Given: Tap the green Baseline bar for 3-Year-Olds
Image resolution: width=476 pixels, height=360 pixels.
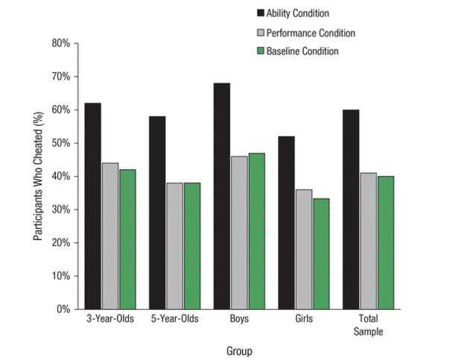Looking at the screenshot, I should tap(128, 239).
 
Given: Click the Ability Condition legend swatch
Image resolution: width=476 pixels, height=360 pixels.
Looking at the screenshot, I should tap(261, 13).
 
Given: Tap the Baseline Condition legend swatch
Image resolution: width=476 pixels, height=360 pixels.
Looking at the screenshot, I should tap(261, 51).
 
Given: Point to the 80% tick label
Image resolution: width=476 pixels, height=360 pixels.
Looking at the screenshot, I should tap(60, 44).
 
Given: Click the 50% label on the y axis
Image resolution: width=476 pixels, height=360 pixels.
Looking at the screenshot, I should tap(60, 143).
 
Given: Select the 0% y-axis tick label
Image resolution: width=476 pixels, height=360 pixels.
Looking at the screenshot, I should tap(63, 309).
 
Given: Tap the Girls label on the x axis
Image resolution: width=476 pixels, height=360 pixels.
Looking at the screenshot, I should tap(304, 319).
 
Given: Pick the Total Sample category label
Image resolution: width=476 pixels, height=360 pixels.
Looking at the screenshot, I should tap(368, 325).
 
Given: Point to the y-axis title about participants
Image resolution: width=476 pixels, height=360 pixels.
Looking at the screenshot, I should tap(37, 177).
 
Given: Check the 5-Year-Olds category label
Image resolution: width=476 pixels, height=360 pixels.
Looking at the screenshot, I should tap(174, 319).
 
